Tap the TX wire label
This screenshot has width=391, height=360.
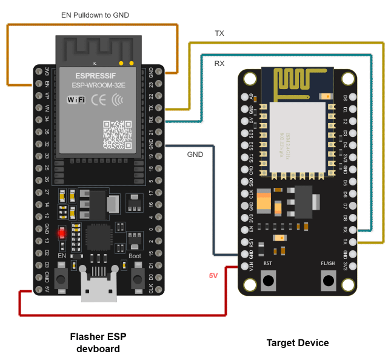[219, 33]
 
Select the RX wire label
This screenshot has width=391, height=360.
[219, 64]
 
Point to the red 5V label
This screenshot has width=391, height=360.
[213, 276]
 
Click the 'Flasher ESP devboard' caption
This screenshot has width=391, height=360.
[98, 342]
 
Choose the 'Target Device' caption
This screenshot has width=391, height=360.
[298, 342]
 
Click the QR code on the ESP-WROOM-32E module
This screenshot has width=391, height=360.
[116, 135]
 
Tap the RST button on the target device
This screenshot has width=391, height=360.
[268, 281]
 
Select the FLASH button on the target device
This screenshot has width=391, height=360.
[328, 281]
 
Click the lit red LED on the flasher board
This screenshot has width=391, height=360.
[61, 232]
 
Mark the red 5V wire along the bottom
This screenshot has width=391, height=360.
[121, 315]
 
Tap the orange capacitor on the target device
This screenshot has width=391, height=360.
[264, 202]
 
